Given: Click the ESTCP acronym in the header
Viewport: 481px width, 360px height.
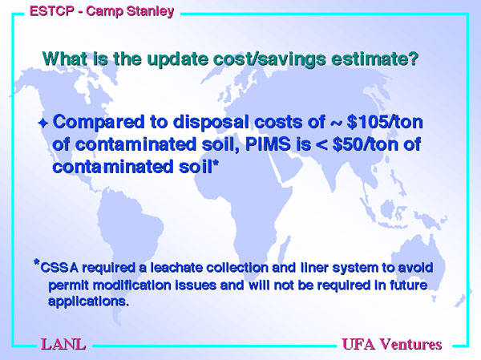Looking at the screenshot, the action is (52, 11).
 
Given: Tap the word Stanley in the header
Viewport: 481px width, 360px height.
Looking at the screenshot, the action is (151, 12).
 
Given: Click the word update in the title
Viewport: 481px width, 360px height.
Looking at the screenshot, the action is (178, 59).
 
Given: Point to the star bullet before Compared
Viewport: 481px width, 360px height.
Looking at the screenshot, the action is (43, 123).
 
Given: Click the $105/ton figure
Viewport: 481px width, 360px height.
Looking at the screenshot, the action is (385, 122).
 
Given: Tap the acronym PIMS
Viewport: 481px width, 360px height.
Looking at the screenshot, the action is (268, 144).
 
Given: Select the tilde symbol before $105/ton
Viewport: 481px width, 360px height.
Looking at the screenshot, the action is (336, 123).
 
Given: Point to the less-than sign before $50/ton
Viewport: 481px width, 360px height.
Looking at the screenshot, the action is (321, 145).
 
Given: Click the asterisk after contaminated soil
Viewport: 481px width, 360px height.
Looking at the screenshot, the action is (216, 164).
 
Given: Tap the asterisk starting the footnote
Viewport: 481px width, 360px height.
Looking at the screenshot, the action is (37, 263).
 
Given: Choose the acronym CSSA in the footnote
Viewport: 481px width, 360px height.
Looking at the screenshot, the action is (59, 268).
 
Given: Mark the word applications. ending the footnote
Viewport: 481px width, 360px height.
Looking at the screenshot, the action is (88, 301).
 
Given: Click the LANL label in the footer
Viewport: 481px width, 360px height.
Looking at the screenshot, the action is (63, 344).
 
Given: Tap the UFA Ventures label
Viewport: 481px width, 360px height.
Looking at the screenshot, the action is (392, 344).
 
